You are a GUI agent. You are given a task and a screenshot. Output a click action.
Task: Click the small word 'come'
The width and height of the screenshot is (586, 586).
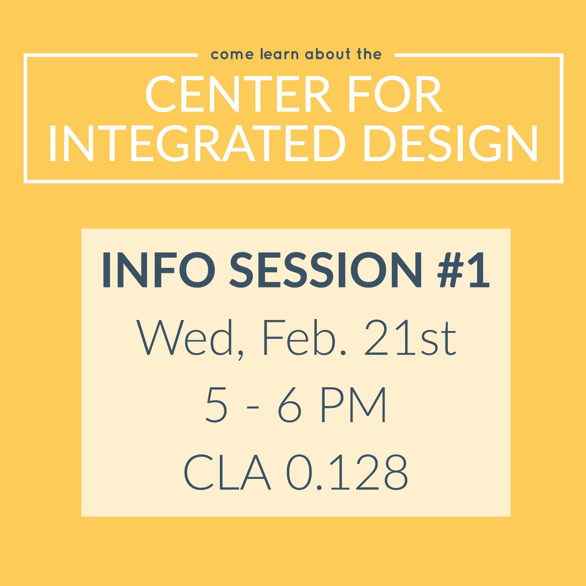click(227, 54)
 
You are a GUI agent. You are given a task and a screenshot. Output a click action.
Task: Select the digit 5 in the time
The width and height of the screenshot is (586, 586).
click(216, 405)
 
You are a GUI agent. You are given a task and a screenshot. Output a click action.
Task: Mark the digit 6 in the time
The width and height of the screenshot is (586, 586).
click(290, 405)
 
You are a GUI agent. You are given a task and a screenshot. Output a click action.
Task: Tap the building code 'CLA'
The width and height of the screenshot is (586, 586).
click(227, 473)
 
